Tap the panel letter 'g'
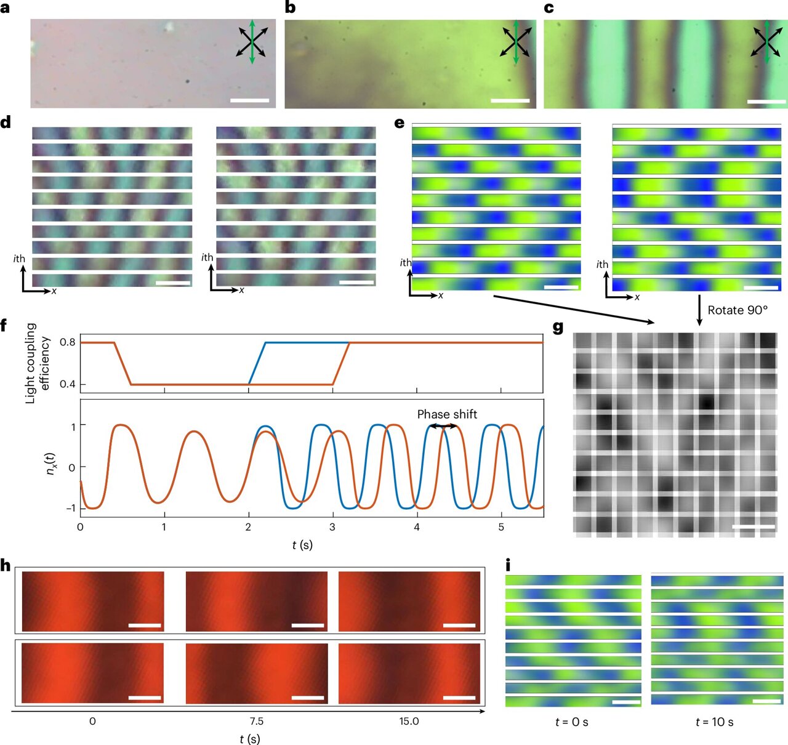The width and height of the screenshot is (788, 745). tap(558, 327)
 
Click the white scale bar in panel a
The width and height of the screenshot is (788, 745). tap(250, 100)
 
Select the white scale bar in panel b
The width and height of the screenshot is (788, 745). tap(510, 100)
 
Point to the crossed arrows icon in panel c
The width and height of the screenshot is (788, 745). tap(766, 42)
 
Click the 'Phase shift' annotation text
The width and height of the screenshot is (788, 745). tap(447, 414)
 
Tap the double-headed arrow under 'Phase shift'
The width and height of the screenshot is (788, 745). tap(443, 426)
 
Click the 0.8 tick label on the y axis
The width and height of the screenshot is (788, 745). tap(68, 342)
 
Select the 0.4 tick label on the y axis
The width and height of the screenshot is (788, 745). tap(68, 384)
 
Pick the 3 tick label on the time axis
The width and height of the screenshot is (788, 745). tap(332, 527)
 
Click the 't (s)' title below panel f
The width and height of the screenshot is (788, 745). tap(302, 545)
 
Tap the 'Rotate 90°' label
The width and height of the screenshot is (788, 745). tap(738, 310)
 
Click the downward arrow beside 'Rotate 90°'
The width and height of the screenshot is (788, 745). tap(699, 310)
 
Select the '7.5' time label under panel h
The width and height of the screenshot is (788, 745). tap(256, 721)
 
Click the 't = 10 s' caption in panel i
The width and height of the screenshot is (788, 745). tap(714, 722)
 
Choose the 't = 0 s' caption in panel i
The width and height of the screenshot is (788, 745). tap(571, 722)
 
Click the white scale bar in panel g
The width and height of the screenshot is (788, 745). tap(754, 527)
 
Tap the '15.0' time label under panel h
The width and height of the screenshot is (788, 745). tap(409, 721)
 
